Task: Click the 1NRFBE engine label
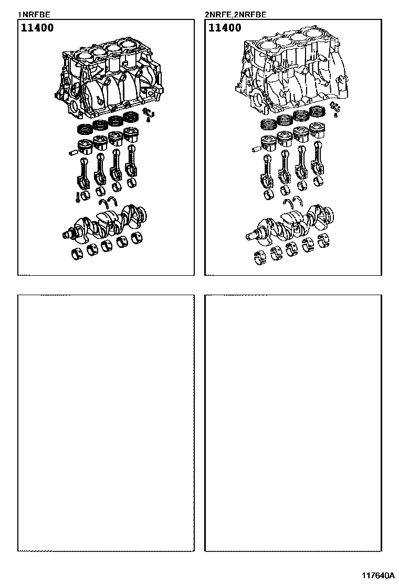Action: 34,15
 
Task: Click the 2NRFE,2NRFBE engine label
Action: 235,15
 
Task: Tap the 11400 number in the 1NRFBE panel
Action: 37,27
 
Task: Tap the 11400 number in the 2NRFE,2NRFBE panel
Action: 225,27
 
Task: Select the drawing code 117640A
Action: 378,575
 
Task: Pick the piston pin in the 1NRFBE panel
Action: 73,152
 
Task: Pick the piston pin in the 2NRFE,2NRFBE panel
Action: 256,149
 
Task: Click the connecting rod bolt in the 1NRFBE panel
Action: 77,197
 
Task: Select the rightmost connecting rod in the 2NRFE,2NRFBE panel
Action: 318,158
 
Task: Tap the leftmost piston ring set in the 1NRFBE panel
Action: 85,129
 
